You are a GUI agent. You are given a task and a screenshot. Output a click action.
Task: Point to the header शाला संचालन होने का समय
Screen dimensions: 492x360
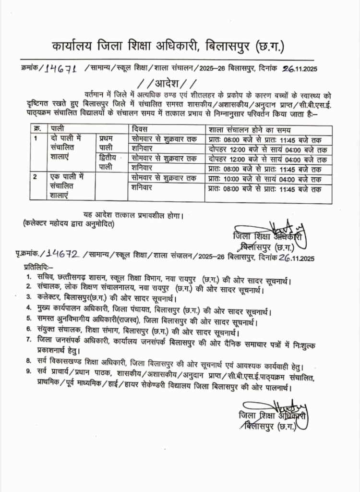(x=249, y=129)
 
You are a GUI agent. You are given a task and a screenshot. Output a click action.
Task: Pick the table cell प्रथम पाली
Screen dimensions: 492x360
(x=107, y=143)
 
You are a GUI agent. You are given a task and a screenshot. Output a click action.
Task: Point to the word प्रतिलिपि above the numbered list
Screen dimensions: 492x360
(x=38, y=266)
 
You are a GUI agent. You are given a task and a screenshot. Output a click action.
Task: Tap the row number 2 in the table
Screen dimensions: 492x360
(x=36, y=177)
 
